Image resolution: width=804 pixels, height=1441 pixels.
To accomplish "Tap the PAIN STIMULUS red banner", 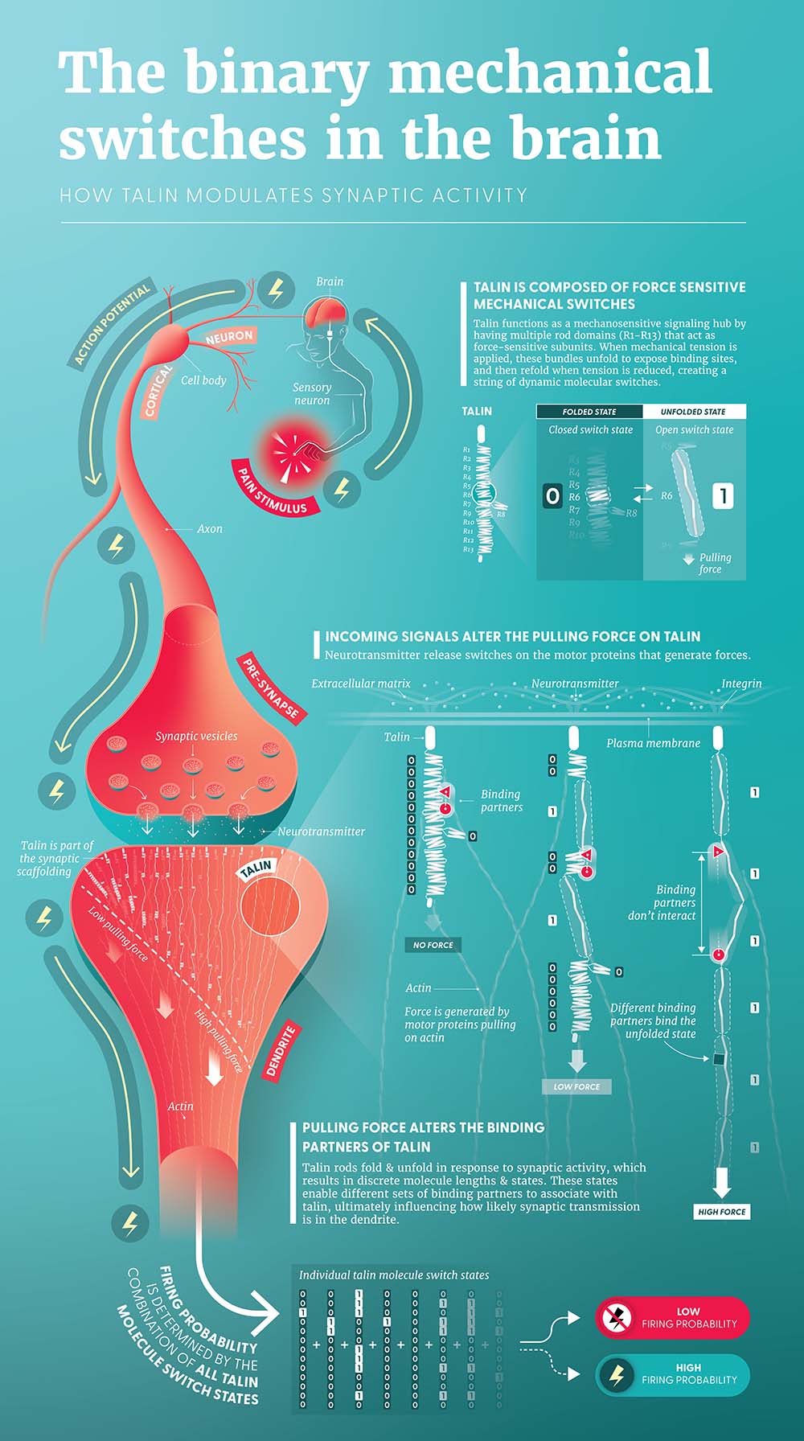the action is (273, 490).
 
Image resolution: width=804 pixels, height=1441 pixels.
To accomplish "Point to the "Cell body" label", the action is (203, 380).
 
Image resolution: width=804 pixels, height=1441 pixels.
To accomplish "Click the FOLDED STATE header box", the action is (589, 412).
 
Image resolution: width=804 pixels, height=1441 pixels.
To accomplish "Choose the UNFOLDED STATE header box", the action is (693, 412).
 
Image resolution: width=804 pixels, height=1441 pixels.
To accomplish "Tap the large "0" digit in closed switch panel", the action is (552, 496).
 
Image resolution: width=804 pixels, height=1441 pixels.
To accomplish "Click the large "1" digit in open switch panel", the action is (723, 496).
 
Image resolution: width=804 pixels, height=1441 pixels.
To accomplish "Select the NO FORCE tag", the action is (433, 945).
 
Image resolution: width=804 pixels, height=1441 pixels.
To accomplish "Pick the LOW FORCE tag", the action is (576, 1086).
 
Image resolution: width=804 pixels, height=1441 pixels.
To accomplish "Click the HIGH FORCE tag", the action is (722, 1212).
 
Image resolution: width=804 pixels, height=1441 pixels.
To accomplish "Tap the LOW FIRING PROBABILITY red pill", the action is (672, 1317).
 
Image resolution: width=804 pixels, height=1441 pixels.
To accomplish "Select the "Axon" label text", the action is (210, 529).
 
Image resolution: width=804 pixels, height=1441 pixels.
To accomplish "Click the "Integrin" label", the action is (741, 684).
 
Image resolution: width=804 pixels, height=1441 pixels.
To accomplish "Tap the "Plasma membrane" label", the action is (653, 743).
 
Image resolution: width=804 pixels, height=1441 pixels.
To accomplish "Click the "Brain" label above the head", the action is (330, 281).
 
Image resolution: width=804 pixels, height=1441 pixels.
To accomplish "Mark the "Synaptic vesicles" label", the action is (196, 736).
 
